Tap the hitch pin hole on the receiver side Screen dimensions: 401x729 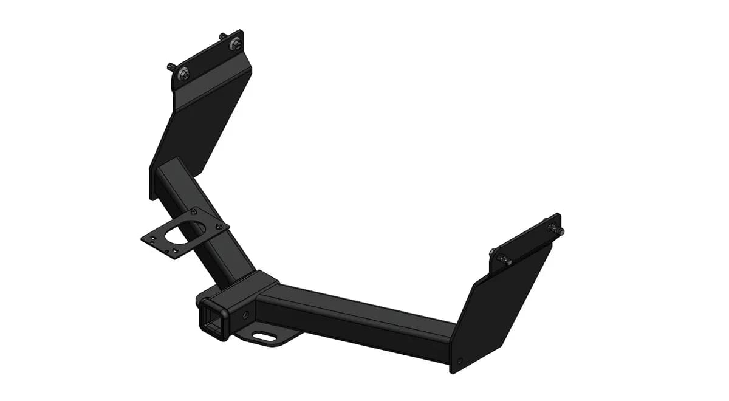coord(245,315)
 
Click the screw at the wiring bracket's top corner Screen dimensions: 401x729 coord(194,211)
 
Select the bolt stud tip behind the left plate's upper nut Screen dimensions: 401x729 coord(223,36)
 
